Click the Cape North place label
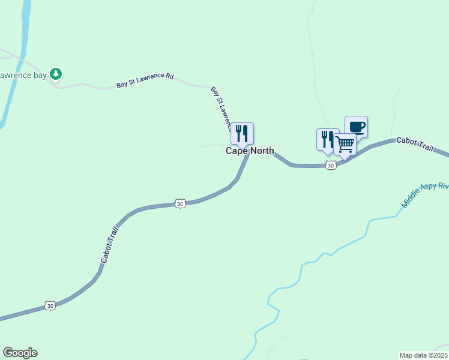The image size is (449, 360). coord(250,151)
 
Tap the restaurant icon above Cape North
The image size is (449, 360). coord(242,133)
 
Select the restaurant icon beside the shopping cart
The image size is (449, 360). coord(327,139)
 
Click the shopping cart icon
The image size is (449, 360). coord(345,144)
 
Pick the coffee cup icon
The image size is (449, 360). coord(356,127)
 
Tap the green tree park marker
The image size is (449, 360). coord(56,74)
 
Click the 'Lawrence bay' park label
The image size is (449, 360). coord(23,76)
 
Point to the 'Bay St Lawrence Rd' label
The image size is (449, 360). coord(145,81)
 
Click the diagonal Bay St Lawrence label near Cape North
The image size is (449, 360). coord(221,109)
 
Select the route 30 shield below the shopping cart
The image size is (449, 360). coord(331,166)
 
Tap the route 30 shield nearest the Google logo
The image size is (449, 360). coord(50,306)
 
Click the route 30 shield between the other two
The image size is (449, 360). coord(180,204)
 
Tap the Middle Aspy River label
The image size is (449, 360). coord(425,196)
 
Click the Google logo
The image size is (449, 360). coord(20,353)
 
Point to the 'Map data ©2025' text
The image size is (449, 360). coord(423,355)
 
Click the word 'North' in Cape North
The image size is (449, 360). coord(262,151)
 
